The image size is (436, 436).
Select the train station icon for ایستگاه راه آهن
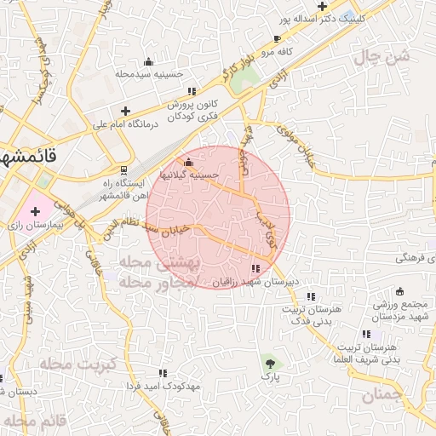(x=125, y=169)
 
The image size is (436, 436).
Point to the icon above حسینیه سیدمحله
(x=149, y=61)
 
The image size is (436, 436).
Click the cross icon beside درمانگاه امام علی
(x=125, y=111)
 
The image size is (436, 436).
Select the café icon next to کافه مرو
(x=277, y=39)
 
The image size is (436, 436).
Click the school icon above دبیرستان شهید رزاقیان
(x=256, y=269)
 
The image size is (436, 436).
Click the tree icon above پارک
(x=270, y=363)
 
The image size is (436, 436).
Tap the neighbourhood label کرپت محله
(x=66, y=364)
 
